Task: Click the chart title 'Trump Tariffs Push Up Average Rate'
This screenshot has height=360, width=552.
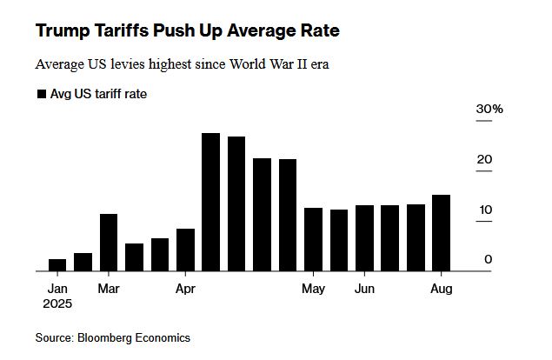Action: pyautogui.click(x=187, y=31)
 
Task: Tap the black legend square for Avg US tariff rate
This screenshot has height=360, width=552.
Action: pyautogui.click(x=41, y=94)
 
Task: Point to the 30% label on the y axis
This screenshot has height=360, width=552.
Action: pyautogui.click(x=489, y=110)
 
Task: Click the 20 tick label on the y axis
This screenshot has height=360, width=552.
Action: pyautogui.click(x=484, y=160)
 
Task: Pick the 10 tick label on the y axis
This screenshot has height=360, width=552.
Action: pyautogui.click(x=484, y=210)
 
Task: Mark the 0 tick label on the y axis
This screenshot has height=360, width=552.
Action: pyautogui.click(x=489, y=259)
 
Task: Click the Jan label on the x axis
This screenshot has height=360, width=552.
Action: pyautogui.click(x=57, y=288)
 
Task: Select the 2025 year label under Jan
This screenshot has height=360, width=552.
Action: pyautogui.click(x=57, y=304)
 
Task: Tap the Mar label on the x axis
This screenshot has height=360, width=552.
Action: pyautogui.click(x=109, y=288)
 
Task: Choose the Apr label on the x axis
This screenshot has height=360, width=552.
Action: pyautogui.click(x=185, y=288)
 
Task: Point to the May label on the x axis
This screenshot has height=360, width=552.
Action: pyautogui.click(x=314, y=288)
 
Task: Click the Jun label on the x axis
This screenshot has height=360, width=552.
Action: pyautogui.click(x=365, y=288)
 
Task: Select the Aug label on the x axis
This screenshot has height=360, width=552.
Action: pyautogui.click(x=442, y=288)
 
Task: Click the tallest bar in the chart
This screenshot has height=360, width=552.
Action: pyautogui.click(x=210, y=202)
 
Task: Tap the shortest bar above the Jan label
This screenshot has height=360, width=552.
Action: pyautogui.click(x=57, y=265)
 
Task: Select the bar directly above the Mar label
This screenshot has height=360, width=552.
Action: pyautogui.click(x=109, y=243)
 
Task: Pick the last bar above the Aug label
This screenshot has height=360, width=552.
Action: pyautogui.click(x=442, y=233)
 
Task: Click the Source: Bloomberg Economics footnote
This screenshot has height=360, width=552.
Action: pyautogui.click(x=112, y=337)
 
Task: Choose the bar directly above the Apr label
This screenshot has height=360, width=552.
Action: pyautogui.click(x=185, y=250)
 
